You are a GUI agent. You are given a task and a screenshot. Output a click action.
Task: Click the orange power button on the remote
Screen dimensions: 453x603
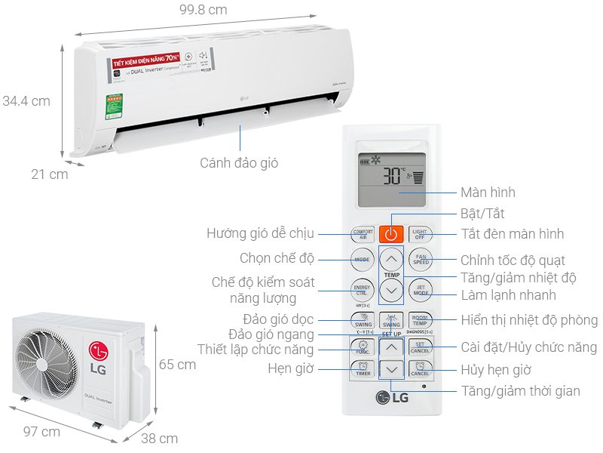(x=390, y=234)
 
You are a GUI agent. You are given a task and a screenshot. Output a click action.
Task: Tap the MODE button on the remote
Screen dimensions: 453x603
(x=363, y=260)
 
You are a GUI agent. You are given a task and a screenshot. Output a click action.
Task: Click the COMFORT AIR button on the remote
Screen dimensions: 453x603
(x=363, y=234)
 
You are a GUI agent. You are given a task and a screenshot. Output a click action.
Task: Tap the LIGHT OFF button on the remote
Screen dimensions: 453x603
(x=420, y=234)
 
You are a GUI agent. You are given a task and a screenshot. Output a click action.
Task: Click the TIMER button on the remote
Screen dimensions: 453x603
(x=363, y=370)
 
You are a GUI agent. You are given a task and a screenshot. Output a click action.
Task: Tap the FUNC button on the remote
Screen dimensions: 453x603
(x=363, y=347)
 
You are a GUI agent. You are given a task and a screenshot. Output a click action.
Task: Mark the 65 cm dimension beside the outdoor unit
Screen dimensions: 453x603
(x=177, y=365)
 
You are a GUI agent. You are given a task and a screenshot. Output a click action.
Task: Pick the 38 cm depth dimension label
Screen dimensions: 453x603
(x=159, y=438)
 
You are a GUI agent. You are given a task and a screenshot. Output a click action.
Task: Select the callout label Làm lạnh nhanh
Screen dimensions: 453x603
(x=509, y=294)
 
